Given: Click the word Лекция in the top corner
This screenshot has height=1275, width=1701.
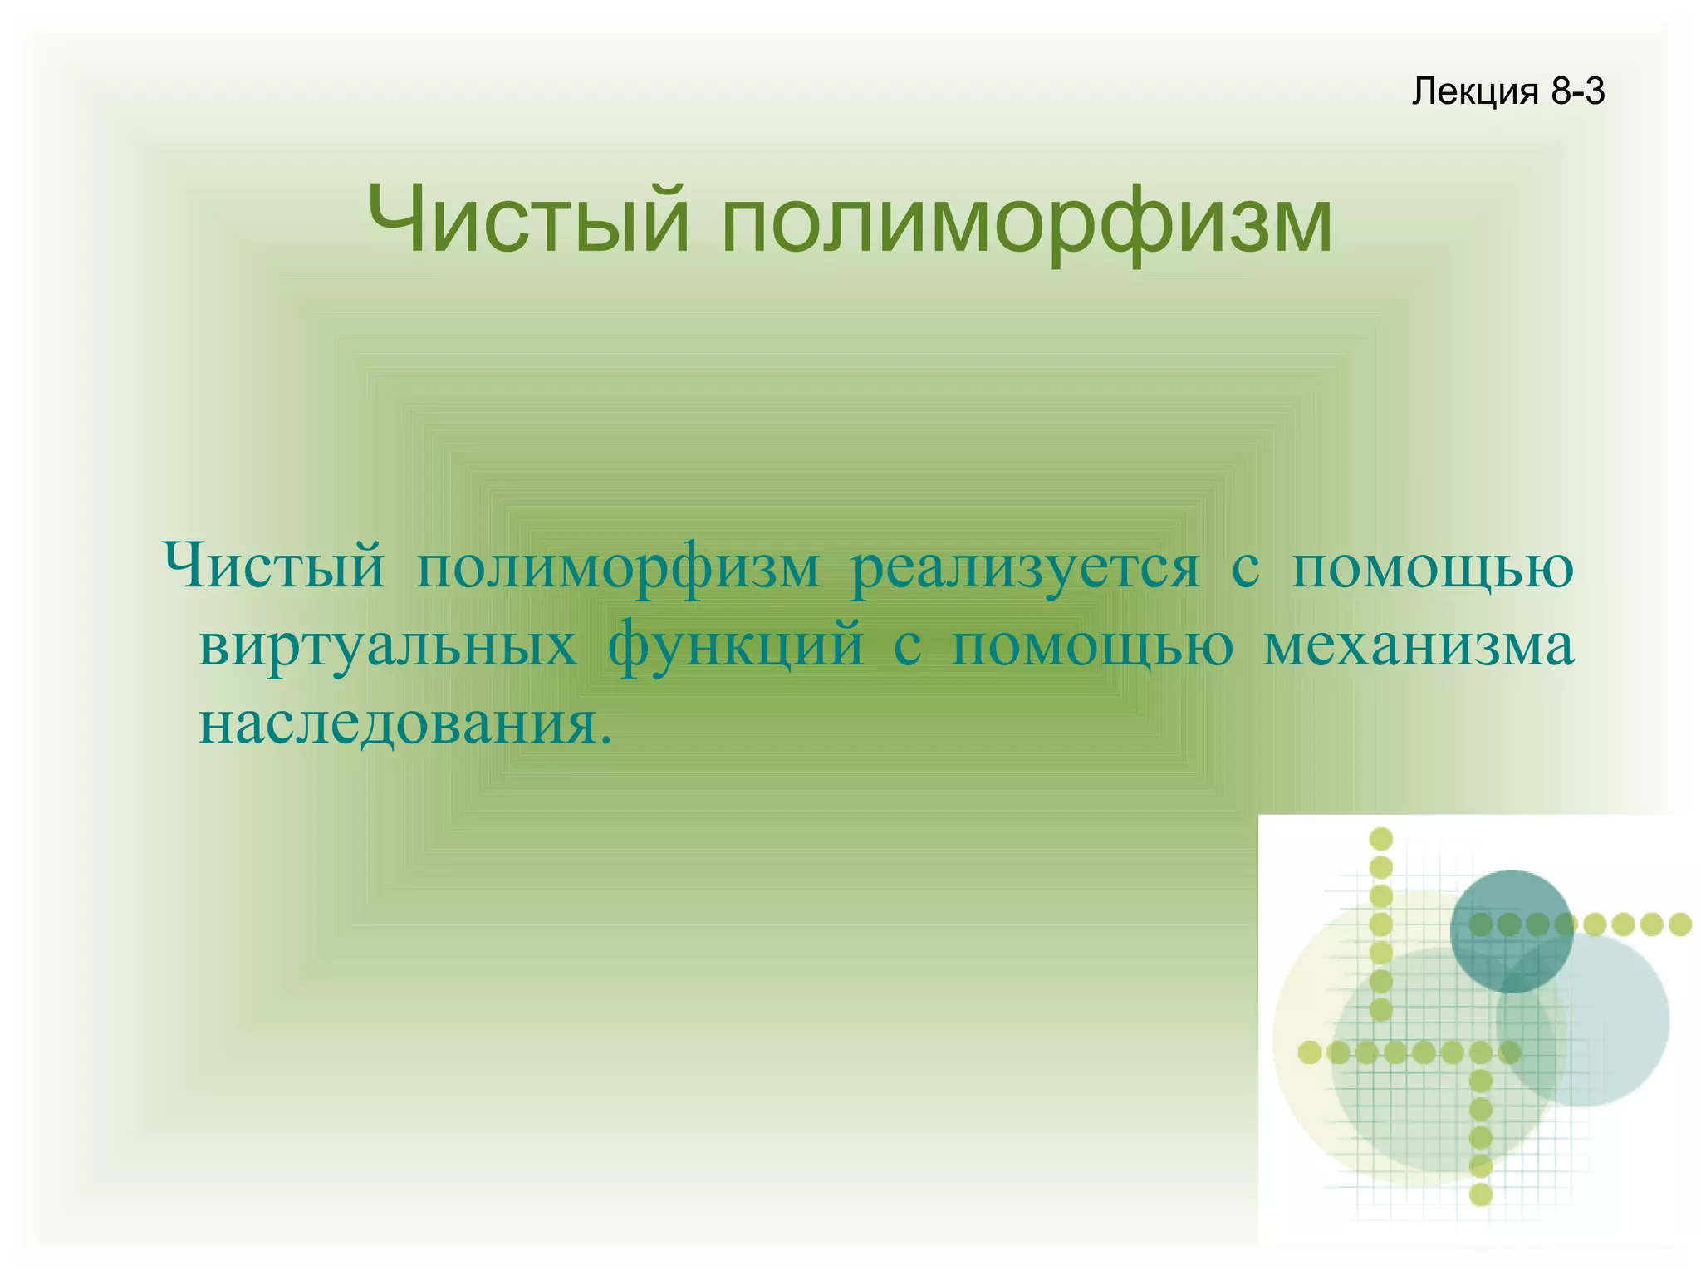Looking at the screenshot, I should click(x=1475, y=91).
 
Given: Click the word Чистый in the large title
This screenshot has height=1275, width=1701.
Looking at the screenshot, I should click(x=528, y=220).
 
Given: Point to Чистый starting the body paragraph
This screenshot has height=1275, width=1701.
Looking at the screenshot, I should click(x=274, y=567).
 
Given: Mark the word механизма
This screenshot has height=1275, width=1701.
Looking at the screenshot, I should click(x=1418, y=646).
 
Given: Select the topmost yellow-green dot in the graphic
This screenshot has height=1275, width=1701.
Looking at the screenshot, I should click(x=1380, y=839).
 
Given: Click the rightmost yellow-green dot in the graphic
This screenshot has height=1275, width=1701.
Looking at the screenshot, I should click(x=1680, y=924).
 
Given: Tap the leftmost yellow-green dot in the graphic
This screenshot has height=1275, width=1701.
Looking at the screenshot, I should click(x=1310, y=1052).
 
